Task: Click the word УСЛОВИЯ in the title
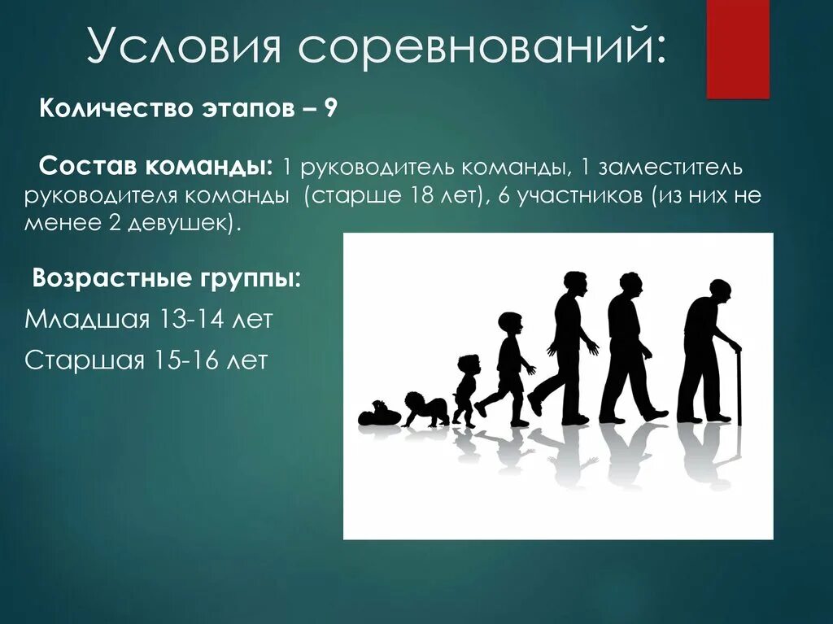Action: (x=185, y=49)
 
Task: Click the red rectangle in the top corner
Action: (x=737, y=49)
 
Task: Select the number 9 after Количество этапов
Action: (x=331, y=109)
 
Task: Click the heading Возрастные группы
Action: (x=166, y=279)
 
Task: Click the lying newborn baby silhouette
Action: (x=378, y=414)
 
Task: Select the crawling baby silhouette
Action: (x=425, y=409)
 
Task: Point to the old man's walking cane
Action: (x=739, y=386)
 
